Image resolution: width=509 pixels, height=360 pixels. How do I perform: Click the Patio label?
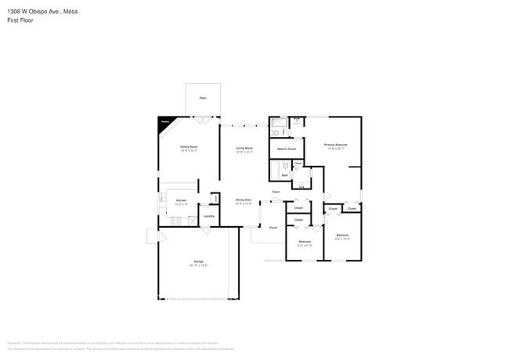[203, 98]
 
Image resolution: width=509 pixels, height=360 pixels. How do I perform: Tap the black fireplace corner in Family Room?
[164, 121]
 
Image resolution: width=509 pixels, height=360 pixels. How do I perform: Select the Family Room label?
[189, 147]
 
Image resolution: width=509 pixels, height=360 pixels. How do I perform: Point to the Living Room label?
[244, 147]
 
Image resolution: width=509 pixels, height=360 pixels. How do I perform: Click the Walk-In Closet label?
[287, 148]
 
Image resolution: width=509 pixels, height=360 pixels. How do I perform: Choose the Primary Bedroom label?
[336, 145]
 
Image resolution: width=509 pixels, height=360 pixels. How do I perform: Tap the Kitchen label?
[181, 200]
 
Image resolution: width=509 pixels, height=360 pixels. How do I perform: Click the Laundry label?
[209, 216]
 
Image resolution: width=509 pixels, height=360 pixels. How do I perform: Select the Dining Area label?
[244, 200]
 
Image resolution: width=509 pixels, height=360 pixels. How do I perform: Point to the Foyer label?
[276, 192]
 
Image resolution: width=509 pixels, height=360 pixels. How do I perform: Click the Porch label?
[273, 228]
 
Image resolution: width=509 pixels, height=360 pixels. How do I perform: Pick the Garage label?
[199, 261]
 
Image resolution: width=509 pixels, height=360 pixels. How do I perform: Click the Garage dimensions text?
[199, 265]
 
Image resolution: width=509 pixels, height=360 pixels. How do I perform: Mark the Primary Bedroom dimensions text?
[336, 149]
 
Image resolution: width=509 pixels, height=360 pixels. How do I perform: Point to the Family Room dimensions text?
[189, 151]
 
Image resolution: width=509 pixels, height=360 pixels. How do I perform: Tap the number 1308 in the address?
[14, 13]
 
